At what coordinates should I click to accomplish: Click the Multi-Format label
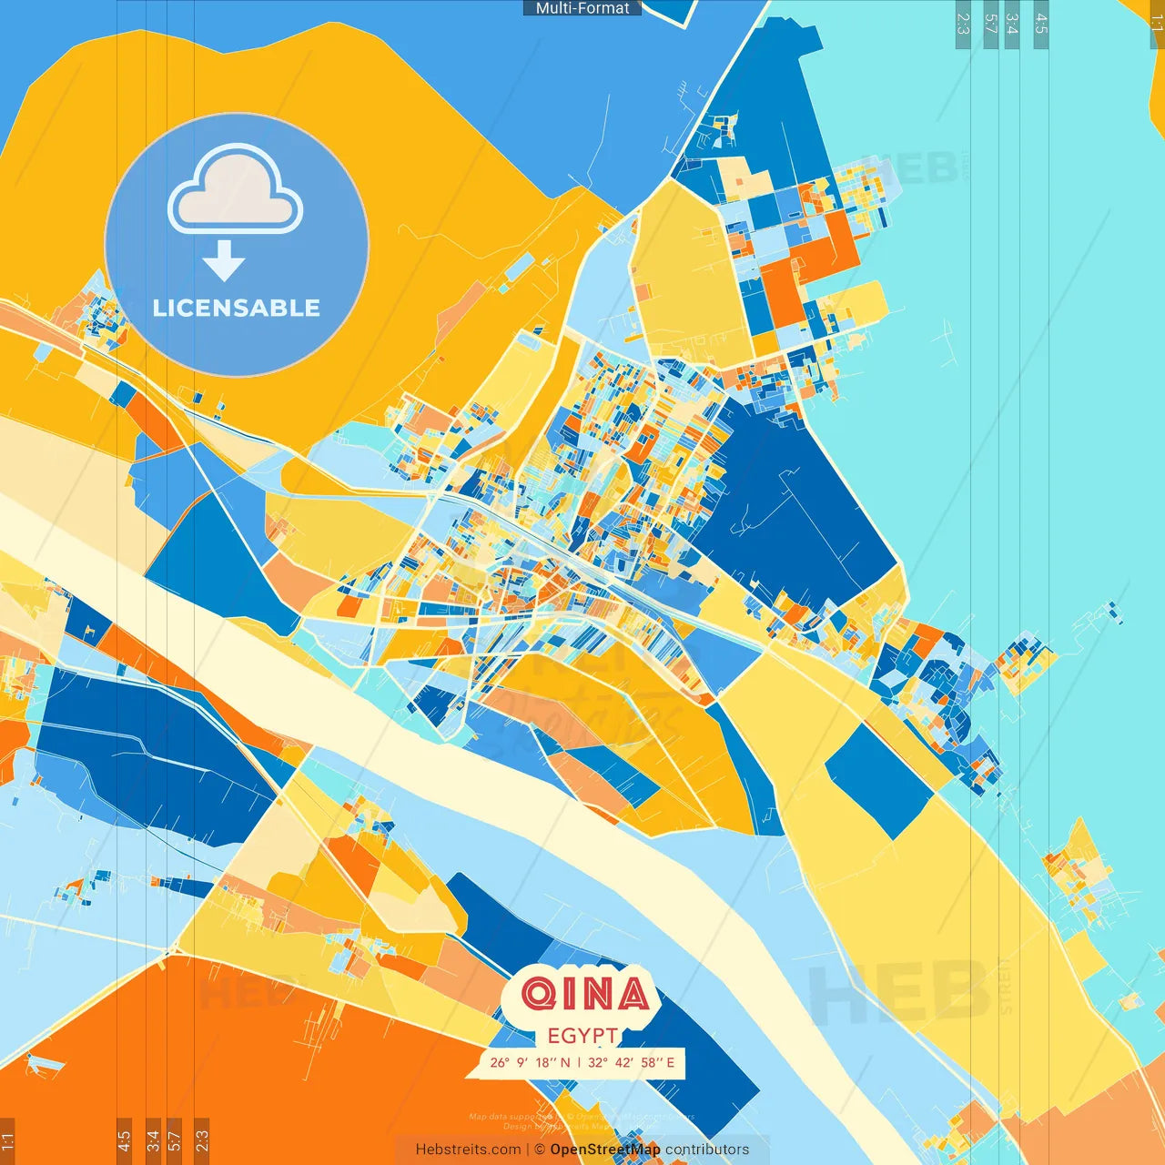point(582,8)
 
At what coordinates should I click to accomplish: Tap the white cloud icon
point(235,190)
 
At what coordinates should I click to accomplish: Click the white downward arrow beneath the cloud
point(224,261)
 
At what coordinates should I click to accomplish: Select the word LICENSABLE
point(237,308)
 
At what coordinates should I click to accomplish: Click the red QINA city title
point(586,994)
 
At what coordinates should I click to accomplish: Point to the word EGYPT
point(582,1036)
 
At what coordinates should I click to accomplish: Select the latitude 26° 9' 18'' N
point(530,1062)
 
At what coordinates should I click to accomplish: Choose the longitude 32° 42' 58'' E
point(632,1062)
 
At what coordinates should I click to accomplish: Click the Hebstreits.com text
point(468,1150)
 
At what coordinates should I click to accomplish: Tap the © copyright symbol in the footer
point(540,1150)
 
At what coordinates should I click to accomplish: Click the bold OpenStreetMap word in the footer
point(604,1150)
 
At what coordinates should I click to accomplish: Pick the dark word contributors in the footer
point(707,1150)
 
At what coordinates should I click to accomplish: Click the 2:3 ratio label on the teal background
point(963,24)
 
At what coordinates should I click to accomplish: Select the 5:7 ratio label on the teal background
point(990,24)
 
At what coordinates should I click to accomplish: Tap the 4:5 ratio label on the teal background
point(1041,24)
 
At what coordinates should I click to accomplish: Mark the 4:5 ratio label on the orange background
point(124,1140)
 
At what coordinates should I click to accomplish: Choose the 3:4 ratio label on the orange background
point(153,1140)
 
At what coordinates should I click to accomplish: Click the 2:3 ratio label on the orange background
point(202,1140)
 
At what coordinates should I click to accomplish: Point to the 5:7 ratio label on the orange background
point(175,1140)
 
